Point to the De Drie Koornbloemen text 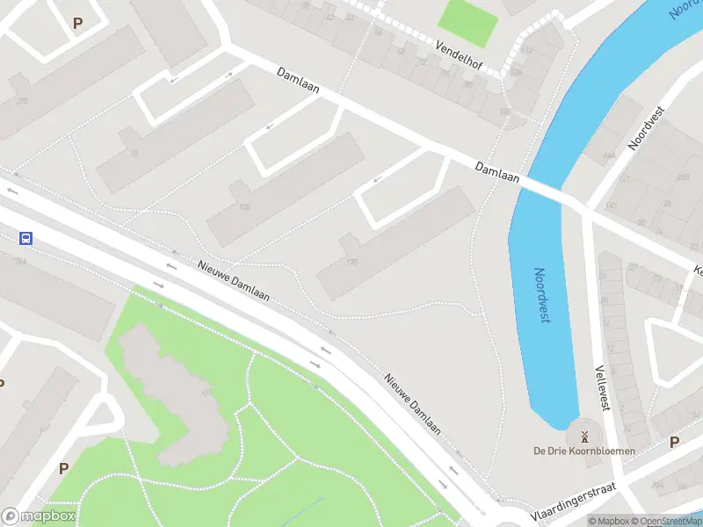pos(584,451)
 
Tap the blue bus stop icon pos(26,238)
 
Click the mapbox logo pos(39,516)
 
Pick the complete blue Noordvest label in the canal pos(543,295)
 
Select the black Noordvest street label pos(646,129)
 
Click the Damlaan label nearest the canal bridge pos(497,172)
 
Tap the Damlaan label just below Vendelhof pos(299,81)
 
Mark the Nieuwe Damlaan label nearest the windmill pos(413,403)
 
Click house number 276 pos(21,102)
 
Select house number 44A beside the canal pos(608,155)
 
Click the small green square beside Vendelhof pos(467,21)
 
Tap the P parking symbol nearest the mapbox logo pos(63,468)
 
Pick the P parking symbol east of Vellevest pos(674,442)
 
